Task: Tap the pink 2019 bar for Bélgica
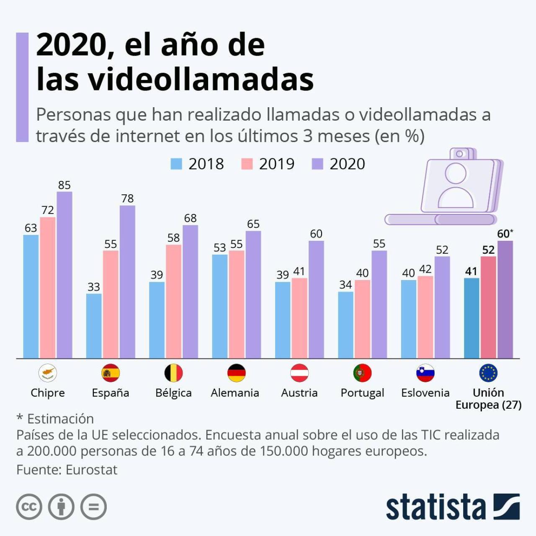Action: (x=173, y=301)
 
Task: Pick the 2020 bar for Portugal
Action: (x=379, y=304)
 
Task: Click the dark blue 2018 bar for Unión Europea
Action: (x=472, y=318)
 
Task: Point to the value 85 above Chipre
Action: (x=64, y=185)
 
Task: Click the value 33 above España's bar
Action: (x=93, y=287)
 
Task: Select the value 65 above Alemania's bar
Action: (x=253, y=224)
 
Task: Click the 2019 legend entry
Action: (x=268, y=164)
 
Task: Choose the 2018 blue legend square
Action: (x=176, y=164)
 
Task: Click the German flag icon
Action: (x=236, y=373)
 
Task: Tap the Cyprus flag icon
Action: (x=48, y=373)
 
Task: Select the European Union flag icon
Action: (x=488, y=373)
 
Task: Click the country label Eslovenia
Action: (x=425, y=393)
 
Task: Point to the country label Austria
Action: (x=299, y=393)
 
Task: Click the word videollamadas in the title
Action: (x=175, y=79)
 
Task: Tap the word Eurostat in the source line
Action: (x=91, y=470)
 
